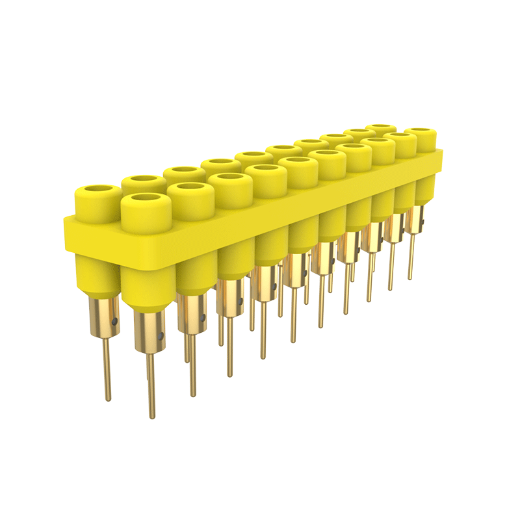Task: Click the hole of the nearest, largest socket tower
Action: pyautogui.click(x=146, y=200)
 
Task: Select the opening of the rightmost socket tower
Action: pyautogui.click(x=420, y=133)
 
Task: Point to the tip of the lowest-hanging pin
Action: pyautogui.click(x=151, y=416)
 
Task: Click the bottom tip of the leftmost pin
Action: pyautogui.click(x=108, y=398)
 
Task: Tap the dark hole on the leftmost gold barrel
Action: pyautogui.click(x=115, y=320)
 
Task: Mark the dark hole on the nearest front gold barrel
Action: pyautogui.click(x=161, y=337)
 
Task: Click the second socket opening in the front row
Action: pyautogui.click(x=190, y=188)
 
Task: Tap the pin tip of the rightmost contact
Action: pyautogui.click(x=410, y=278)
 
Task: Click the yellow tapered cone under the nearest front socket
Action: pyautogui.click(x=148, y=286)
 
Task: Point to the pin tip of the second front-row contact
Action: pyautogui.click(x=192, y=395)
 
